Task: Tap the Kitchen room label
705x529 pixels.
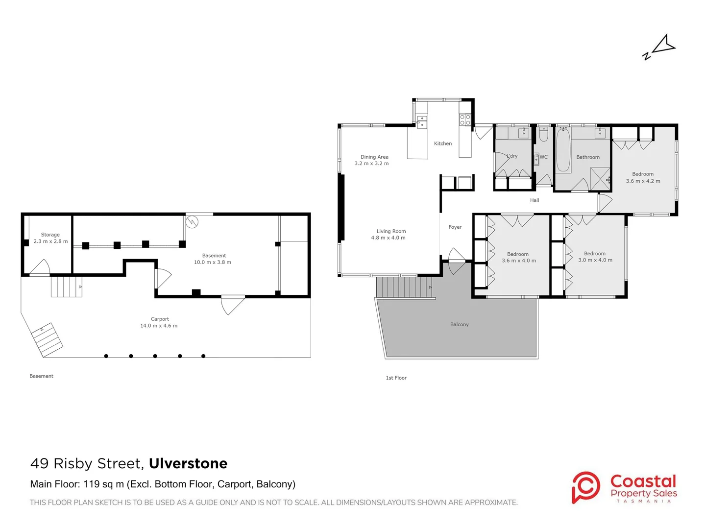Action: pyautogui.click(x=442, y=144)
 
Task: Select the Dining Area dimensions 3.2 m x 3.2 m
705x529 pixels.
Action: pyautogui.click(x=371, y=164)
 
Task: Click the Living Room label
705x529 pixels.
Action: pyautogui.click(x=391, y=231)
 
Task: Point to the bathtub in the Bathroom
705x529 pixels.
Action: pyautogui.click(x=563, y=150)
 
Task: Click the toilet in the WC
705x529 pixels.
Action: pyautogui.click(x=543, y=135)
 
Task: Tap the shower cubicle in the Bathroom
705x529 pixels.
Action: pyautogui.click(x=600, y=178)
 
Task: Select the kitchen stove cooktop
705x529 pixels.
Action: pyautogui.click(x=465, y=120)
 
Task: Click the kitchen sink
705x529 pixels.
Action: pyautogui.click(x=422, y=122)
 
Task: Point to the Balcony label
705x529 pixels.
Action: pyautogui.click(x=459, y=325)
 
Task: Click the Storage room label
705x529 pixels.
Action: pyautogui.click(x=50, y=235)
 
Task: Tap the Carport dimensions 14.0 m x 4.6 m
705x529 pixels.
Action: pyautogui.click(x=159, y=326)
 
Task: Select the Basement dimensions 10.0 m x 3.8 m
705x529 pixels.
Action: pyautogui.click(x=212, y=262)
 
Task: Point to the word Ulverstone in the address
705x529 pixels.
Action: pyautogui.click(x=188, y=463)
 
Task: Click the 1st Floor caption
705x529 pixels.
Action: pyautogui.click(x=396, y=378)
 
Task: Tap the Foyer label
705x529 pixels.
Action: pyautogui.click(x=455, y=227)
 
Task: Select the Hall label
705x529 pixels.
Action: pyautogui.click(x=534, y=200)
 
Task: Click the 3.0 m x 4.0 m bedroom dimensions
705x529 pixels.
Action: pyautogui.click(x=595, y=260)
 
